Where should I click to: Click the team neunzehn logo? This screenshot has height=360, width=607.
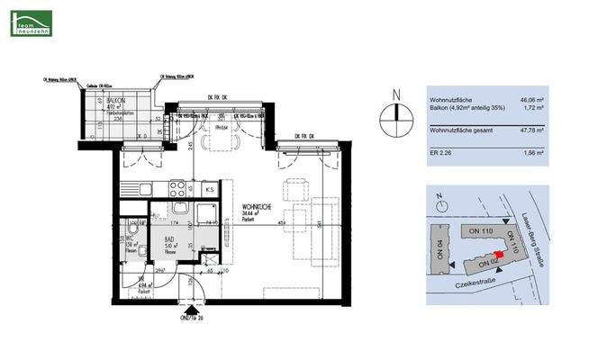(x=31, y=22)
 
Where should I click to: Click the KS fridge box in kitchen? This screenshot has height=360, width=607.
(x=209, y=189)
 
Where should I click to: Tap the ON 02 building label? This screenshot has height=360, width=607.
(x=486, y=264)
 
